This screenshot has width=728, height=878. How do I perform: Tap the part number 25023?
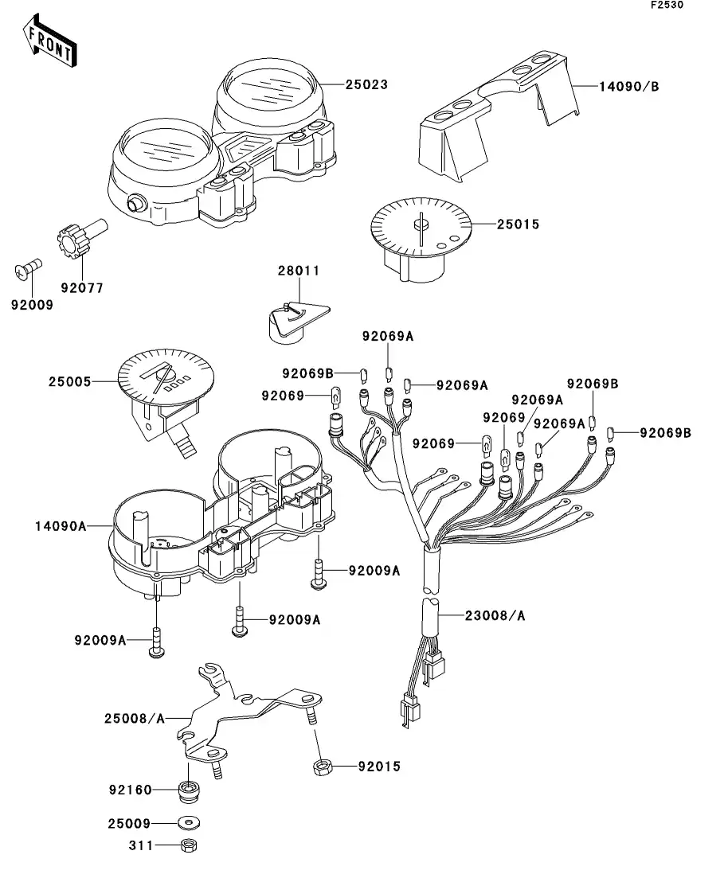pos(366,84)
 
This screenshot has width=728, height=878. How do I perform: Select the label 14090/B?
pos(628,87)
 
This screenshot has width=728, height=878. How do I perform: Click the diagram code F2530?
pos(667,5)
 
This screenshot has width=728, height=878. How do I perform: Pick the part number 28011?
pos(299,271)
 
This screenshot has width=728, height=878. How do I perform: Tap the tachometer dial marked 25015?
pos(421,238)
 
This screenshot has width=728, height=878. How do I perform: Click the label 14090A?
pos(61,526)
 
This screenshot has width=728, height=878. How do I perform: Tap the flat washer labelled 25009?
pos(189,824)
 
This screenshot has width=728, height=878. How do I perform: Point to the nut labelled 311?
pos(189,845)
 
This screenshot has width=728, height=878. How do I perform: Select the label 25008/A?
pos(135,719)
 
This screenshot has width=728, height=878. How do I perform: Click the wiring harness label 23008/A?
pos(495,616)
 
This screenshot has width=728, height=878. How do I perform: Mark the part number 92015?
pos(379,767)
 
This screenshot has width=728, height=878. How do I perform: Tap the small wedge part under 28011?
pos(298,322)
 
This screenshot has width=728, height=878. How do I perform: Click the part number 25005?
pos(69,382)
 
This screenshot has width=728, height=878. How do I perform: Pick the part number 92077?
pos(82,288)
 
